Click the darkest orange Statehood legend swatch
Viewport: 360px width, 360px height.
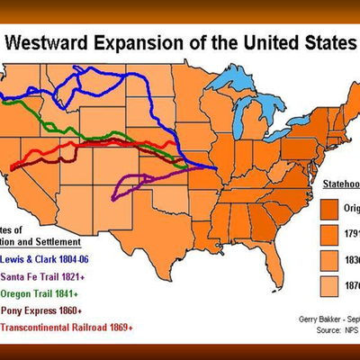click(x=334, y=206)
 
